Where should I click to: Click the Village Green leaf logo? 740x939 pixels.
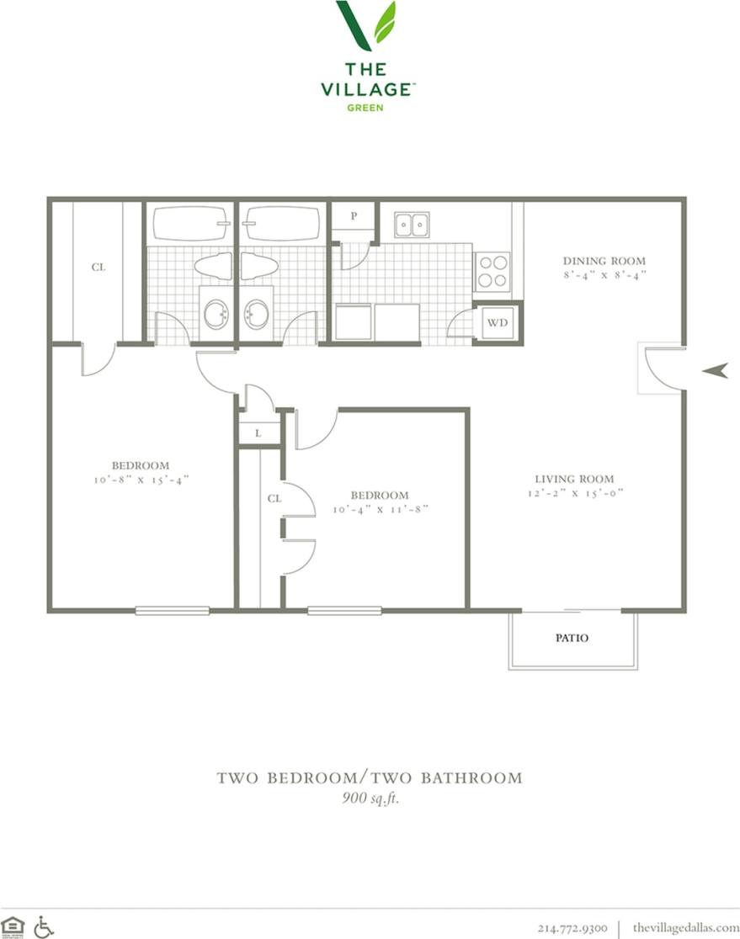[x=366, y=25]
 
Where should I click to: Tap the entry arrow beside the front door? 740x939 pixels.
[x=715, y=369]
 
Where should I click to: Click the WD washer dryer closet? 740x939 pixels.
[x=497, y=322]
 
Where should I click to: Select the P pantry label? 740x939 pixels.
[x=354, y=215]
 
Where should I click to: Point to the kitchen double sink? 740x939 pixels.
[x=412, y=225]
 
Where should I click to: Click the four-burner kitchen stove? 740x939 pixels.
[x=492, y=271]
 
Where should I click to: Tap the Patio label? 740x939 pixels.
[x=572, y=638]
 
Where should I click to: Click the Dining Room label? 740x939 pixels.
[x=604, y=261]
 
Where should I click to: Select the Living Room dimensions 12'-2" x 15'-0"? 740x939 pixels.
[x=575, y=494]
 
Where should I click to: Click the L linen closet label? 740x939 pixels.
[x=257, y=432]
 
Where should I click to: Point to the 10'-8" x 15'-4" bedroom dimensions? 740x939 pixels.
[x=141, y=480]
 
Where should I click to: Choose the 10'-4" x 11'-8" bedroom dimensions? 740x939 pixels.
[x=381, y=509]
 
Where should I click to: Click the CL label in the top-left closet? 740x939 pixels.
[x=98, y=268]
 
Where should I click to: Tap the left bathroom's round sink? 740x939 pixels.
[x=216, y=315]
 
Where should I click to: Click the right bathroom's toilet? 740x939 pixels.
[x=258, y=266]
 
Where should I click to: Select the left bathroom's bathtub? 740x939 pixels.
[x=190, y=224]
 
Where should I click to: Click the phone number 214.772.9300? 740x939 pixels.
[x=572, y=927]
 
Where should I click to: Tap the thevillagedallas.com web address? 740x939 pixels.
[x=685, y=927]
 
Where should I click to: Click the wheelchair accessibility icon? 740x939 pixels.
[x=44, y=926]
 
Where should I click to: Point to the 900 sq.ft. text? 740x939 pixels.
[x=370, y=798]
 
